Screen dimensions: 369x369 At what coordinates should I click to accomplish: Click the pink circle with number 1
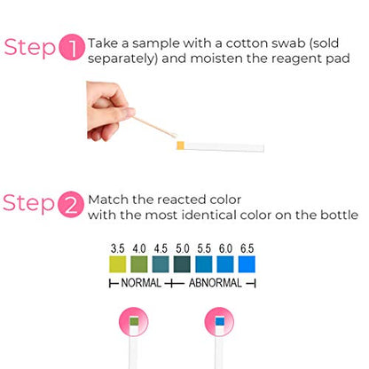coord(73,47)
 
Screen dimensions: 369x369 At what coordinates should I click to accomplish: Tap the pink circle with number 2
coord(71,204)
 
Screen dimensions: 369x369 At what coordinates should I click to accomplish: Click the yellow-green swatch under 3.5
coord(118,264)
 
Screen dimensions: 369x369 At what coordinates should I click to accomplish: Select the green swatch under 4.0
coord(139,264)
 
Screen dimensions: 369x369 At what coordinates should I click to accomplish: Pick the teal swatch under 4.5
coord(161,264)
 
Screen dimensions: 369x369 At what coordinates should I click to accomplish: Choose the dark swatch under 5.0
coord(182,264)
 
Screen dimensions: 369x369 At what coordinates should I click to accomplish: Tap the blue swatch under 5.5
coord(204,264)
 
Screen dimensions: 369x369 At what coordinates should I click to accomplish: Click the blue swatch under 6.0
coord(225,264)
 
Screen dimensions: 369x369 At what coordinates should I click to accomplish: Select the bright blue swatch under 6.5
coord(247,264)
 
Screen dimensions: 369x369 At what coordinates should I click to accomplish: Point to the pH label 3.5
coord(118,248)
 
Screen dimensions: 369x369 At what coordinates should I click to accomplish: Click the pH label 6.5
coord(247,248)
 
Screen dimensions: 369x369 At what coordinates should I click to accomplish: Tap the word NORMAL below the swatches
coord(141,283)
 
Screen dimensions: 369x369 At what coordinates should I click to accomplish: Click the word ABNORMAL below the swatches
coord(216,283)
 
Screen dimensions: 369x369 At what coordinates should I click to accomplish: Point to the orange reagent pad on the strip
coord(180,145)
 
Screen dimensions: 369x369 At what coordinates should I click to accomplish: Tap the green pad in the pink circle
coord(134,322)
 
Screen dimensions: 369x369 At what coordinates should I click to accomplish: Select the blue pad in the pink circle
coord(220,321)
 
